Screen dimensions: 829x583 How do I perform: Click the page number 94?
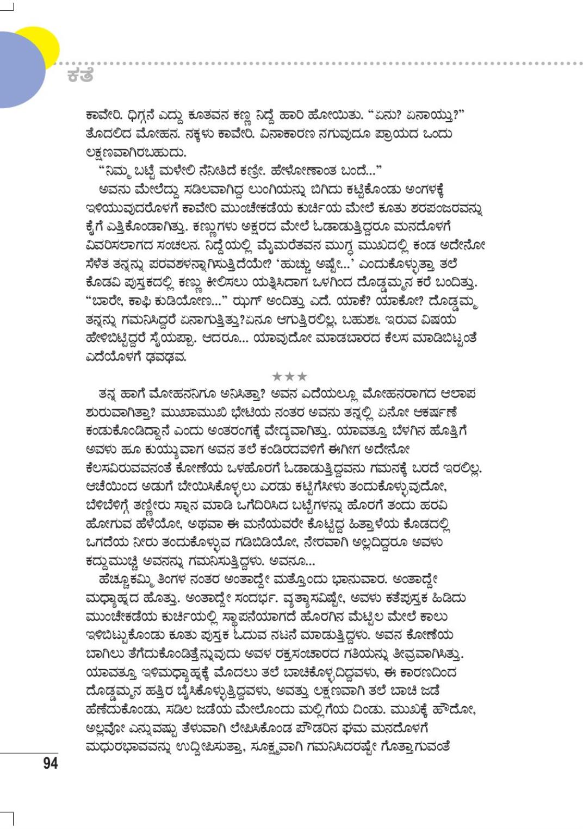(50, 763)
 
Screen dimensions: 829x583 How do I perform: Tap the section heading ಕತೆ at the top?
(80, 76)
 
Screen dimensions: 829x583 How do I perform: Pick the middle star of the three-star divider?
(289, 376)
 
